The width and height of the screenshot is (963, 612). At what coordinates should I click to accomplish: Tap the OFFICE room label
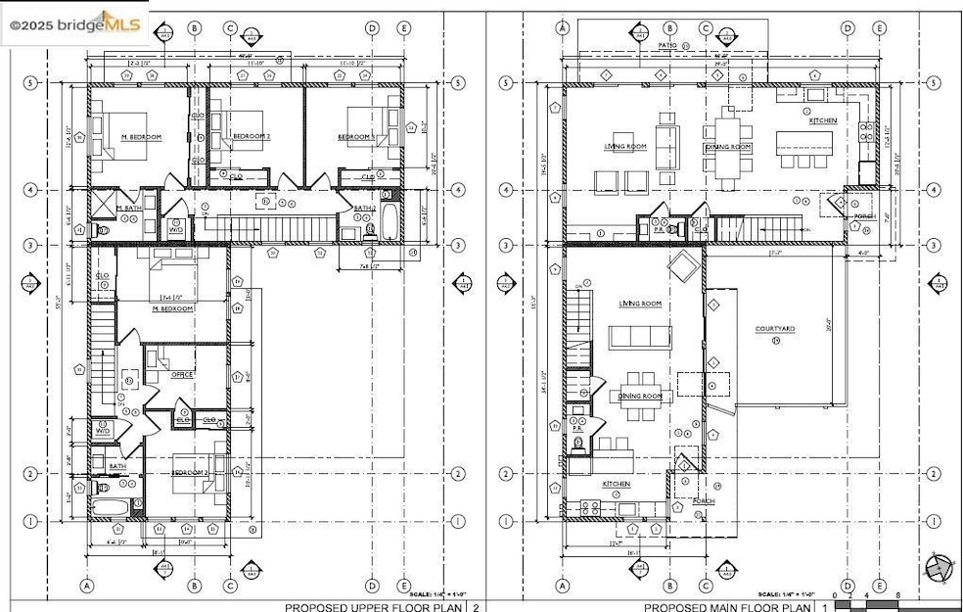(x=182, y=374)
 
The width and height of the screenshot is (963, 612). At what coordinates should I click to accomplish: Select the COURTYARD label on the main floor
(x=774, y=330)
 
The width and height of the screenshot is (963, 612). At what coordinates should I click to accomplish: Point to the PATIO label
(x=668, y=46)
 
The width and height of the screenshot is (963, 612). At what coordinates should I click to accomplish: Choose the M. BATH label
(x=129, y=209)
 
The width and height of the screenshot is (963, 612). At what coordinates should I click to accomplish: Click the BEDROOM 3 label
(x=357, y=137)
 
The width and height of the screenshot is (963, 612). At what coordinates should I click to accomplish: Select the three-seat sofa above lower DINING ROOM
(x=639, y=338)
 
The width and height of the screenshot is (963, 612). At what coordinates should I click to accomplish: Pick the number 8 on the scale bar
(x=897, y=595)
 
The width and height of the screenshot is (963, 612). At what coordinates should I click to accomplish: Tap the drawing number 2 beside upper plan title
(x=476, y=607)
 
